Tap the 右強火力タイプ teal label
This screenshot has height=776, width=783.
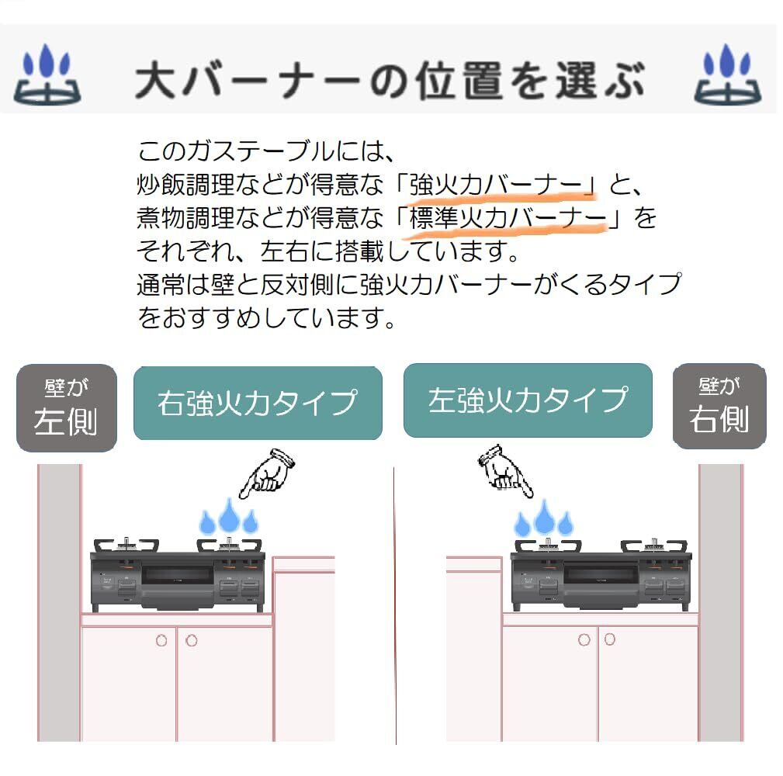click(258, 403)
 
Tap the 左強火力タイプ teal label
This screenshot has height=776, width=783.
click(528, 400)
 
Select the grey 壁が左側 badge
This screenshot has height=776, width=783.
click(67, 408)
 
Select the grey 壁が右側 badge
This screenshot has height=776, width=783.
click(719, 406)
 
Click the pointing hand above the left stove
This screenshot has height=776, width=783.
click(268, 473)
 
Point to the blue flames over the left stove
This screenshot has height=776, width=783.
click(229, 516)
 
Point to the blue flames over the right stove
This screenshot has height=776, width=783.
click(544, 518)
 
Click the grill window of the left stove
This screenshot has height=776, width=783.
click(177, 575)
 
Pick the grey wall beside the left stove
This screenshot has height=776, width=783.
click(60, 603)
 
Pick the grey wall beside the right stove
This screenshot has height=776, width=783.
click(721, 603)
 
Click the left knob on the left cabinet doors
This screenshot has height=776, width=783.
click(161, 641)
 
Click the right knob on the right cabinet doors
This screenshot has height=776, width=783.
click(610, 639)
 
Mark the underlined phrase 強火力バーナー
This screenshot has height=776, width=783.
click(496, 185)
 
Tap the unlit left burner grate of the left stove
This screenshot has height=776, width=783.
click(126, 546)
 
